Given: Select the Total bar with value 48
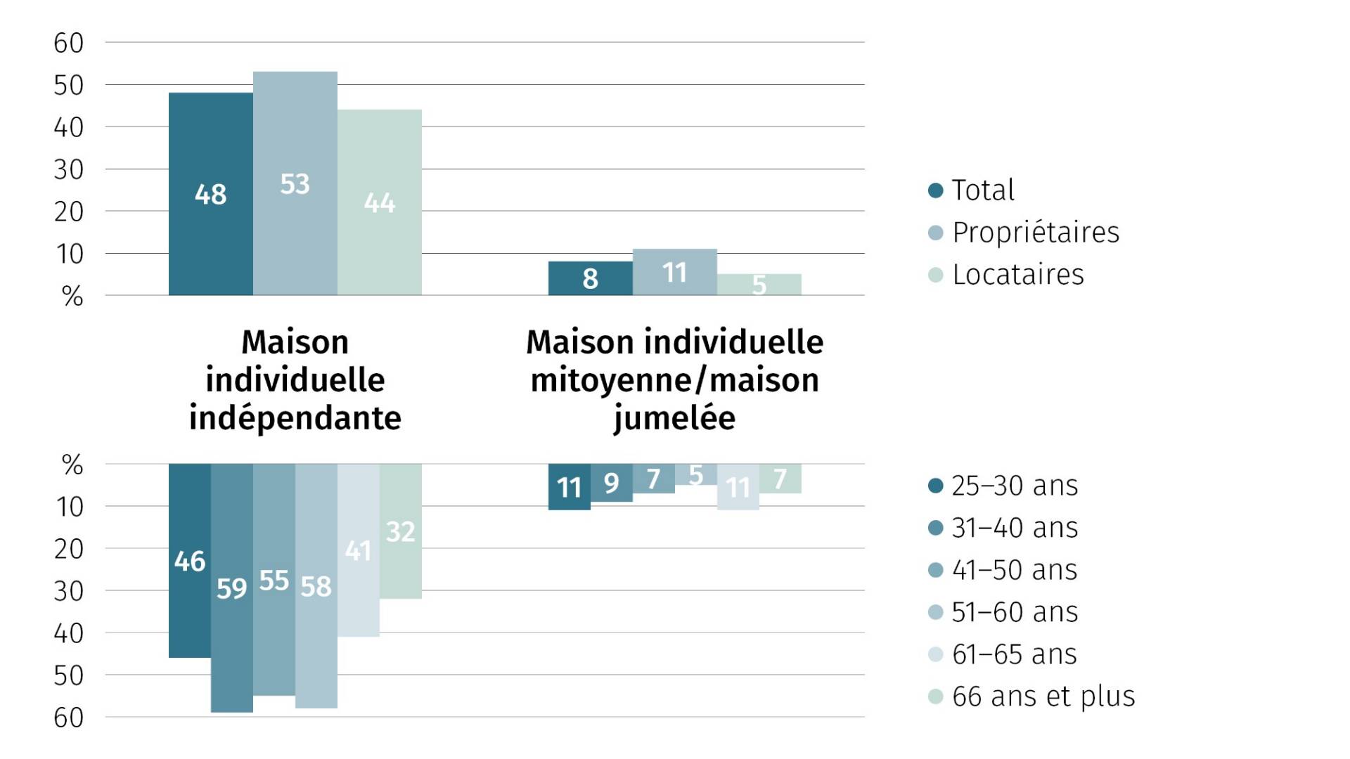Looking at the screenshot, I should click(x=210, y=193).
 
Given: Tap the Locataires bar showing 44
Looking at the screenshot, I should click(x=379, y=202).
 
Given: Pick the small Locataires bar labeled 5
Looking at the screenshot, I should click(x=759, y=285).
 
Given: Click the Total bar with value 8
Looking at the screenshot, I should click(x=590, y=278).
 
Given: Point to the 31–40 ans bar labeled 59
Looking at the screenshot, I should click(x=231, y=588).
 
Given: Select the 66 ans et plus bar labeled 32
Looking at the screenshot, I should click(x=400, y=531).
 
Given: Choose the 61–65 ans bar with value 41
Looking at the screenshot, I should click(x=358, y=550).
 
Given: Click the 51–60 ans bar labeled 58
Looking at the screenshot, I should click(x=316, y=585).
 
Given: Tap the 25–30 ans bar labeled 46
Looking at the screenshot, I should click(x=189, y=560).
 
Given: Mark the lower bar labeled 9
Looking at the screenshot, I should click(x=611, y=482).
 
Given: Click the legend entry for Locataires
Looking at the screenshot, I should click(x=1017, y=275).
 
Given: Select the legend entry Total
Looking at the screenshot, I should click(x=982, y=190).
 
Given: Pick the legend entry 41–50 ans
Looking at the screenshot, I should click(x=1014, y=570).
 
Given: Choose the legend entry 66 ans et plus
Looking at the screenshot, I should click(x=1043, y=696).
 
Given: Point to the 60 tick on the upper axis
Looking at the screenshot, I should click(x=68, y=43).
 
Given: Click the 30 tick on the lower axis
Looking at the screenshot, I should click(x=68, y=591).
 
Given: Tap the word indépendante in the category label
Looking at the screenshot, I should click(x=295, y=418).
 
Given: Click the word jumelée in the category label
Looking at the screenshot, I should click(x=674, y=418).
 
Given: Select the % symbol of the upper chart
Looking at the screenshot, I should click(x=72, y=297).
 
